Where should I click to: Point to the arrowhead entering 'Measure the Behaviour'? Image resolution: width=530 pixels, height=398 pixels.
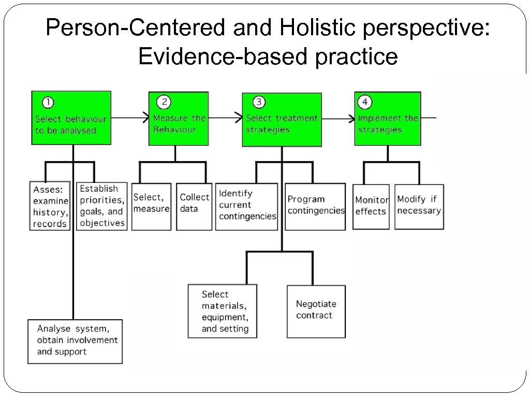pos(145,118)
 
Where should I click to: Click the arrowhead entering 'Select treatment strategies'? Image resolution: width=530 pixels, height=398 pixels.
pos(239,118)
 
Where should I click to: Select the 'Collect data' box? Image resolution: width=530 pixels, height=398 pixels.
pos(194,206)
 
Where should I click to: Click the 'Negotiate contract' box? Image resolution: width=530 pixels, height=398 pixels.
pos(316,311)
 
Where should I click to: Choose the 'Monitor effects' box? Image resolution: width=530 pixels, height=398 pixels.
pos(371,206)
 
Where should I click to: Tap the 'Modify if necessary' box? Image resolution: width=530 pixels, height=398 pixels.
pos(419,206)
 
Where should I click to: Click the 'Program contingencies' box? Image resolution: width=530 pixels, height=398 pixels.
pos(316,206)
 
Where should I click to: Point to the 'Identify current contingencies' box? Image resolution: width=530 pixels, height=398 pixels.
pos(247,206)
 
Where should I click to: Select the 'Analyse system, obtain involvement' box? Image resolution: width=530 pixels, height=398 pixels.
pos(75,341)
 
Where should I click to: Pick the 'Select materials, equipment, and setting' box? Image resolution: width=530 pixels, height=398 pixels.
pos(223,311)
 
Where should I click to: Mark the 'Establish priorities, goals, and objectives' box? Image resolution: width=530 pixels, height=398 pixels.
pos(102,206)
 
